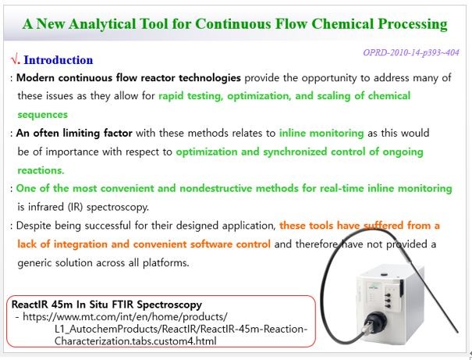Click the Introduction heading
[x=58, y=60]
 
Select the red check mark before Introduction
[x=15, y=59]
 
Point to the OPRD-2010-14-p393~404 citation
[x=411, y=52]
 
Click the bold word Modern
[x=35, y=78]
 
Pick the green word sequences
[x=42, y=115]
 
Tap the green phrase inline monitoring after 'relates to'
[x=321, y=133]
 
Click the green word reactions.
[x=41, y=170]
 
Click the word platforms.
[x=166, y=263]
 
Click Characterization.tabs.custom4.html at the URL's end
[x=136, y=341]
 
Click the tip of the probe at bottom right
[x=457, y=332]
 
